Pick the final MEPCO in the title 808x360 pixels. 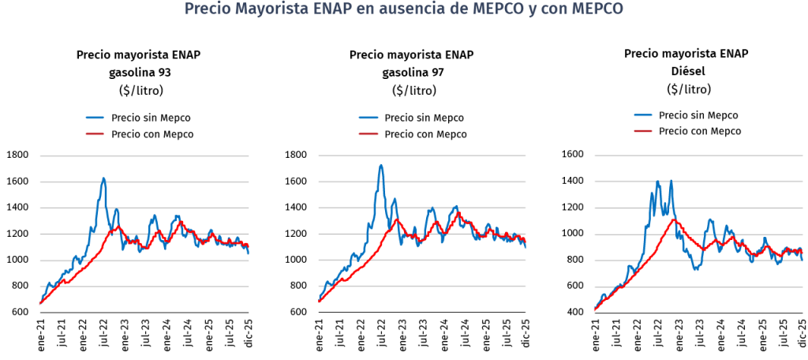pos(597,9)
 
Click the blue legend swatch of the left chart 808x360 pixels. pos(95,118)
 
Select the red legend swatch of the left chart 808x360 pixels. pos(95,134)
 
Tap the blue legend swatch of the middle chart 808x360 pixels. pos(368,118)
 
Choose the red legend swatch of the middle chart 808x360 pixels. pos(368,134)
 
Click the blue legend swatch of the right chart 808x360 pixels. pos(643,114)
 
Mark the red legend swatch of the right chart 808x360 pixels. pos(643,130)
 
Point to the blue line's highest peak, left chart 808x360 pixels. pos(103,178)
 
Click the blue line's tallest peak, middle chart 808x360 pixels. pos(381,165)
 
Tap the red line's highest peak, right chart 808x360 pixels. pos(675,219)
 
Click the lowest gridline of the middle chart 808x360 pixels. pos(422,287)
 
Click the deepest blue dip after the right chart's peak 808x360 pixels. pos(696,269)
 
